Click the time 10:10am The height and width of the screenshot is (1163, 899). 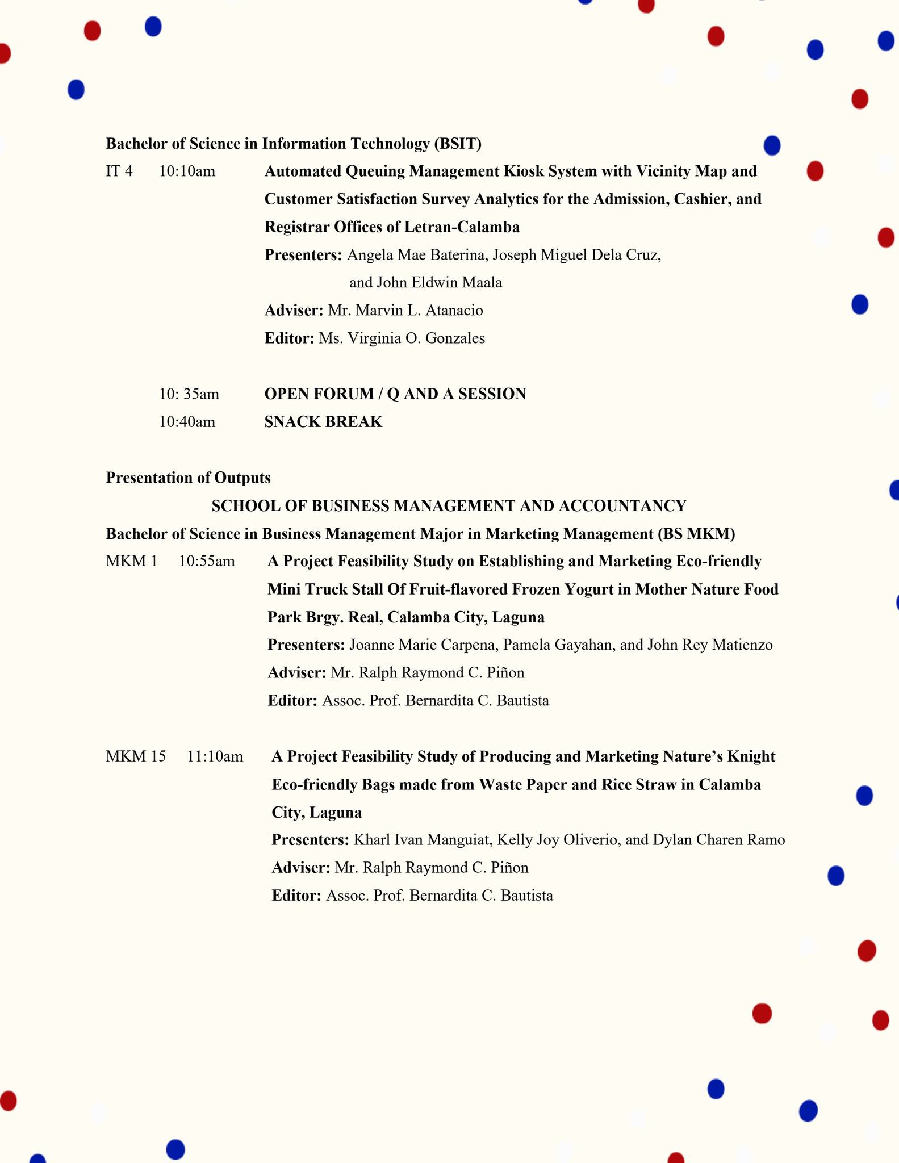click(x=187, y=171)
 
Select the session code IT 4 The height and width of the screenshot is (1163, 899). click(x=119, y=171)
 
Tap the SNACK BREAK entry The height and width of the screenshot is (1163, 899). click(x=323, y=422)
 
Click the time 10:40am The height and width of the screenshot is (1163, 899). click(x=187, y=422)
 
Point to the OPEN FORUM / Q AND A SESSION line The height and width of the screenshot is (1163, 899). click(x=395, y=394)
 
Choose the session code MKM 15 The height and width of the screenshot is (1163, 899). click(x=136, y=756)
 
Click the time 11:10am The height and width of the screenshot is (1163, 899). click(x=215, y=756)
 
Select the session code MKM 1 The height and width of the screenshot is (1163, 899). click(x=131, y=561)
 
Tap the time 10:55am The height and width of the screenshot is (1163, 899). click(x=207, y=561)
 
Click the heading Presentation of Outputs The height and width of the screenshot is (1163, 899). click(x=188, y=478)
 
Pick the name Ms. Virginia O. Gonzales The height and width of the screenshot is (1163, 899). click(x=402, y=338)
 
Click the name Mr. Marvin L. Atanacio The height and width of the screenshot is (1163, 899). click(x=405, y=311)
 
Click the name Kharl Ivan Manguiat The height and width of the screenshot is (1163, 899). click(x=417, y=840)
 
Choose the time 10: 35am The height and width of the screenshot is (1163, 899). click(x=189, y=394)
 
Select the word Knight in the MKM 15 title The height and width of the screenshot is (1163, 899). click(x=750, y=756)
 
